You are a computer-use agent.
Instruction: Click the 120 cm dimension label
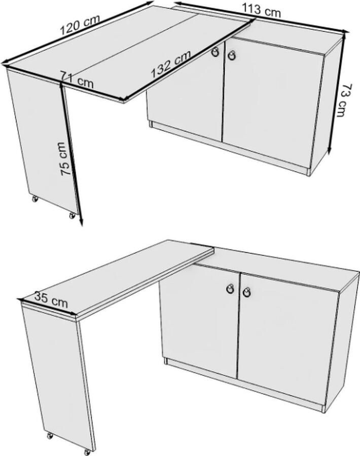[80, 24]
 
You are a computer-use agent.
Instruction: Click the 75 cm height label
[63, 159]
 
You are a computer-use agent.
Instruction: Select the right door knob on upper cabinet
[232, 55]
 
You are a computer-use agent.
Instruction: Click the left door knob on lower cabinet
[230, 289]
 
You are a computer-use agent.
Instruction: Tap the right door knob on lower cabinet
[247, 293]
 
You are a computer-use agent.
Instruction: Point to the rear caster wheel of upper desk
[35, 199]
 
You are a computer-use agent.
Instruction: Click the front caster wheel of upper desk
[72, 215]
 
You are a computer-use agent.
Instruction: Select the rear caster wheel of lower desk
[50, 435]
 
